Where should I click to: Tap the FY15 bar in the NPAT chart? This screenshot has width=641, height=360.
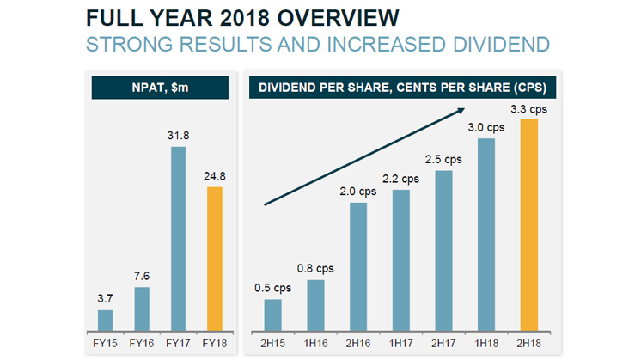click(x=105, y=320)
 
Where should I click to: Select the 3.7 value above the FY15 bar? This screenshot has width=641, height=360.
click(x=105, y=297)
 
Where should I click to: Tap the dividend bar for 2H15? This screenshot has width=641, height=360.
click(x=272, y=314)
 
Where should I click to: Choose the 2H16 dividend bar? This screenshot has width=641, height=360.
click(x=358, y=266)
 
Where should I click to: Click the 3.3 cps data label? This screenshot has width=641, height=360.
click(x=530, y=109)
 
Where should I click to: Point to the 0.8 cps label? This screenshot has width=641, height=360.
click(x=314, y=269)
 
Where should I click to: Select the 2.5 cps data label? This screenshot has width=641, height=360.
click(x=443, y=159)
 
